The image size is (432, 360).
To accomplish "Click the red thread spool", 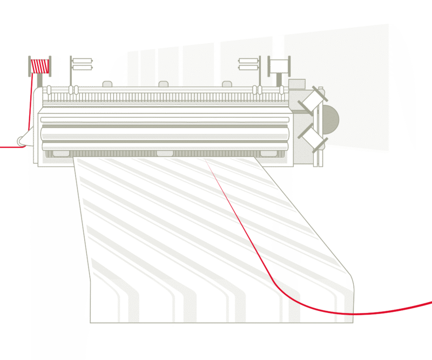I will tap(40, 65).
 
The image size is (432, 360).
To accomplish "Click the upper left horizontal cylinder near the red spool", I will tap(82, 60).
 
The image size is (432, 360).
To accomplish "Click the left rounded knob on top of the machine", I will tap(107, 84).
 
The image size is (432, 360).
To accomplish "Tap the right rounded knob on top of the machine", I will tap(227, 84).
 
